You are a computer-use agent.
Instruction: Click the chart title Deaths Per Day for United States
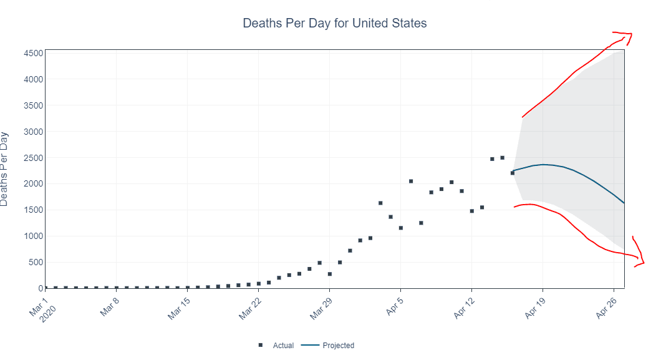point(335,23)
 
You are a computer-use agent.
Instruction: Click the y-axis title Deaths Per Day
point(4,169)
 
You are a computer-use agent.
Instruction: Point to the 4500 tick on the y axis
point(33,53)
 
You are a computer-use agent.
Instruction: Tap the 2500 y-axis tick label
point(33,158)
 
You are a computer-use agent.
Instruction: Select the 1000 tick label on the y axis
point(33,236)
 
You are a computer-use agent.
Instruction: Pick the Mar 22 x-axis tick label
point(251,308)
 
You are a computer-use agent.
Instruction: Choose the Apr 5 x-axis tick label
point(395,306)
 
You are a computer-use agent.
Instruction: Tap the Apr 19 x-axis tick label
point(535,308)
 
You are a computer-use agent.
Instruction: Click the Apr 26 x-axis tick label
point(606,308)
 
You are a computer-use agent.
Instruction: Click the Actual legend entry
point(276,345)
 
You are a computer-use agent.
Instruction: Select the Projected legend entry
point(328,345)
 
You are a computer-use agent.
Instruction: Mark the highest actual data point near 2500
point(502,158)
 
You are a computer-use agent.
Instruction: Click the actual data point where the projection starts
point(513,173)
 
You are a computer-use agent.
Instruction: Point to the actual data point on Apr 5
point(401,228)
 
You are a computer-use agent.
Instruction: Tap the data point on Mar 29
point(330,274)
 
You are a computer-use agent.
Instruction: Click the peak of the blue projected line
point(543,165)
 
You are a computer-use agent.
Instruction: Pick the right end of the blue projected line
point(624,203)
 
